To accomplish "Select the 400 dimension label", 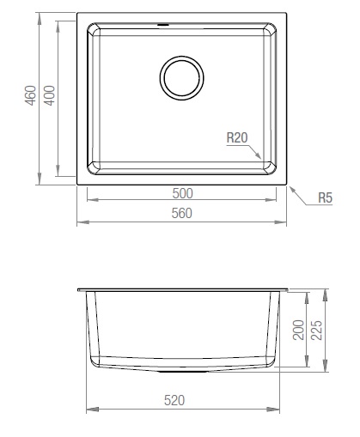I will coord(51,95).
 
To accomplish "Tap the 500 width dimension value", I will coord(182,192).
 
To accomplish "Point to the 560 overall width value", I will coord(182,213).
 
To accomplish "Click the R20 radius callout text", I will coord(238,137).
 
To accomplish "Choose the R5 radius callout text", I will coord(325,198).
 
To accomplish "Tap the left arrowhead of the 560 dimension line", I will coord(80,222).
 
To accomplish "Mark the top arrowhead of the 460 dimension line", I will coord(40,15).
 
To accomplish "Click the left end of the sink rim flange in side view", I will coord(80,290).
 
